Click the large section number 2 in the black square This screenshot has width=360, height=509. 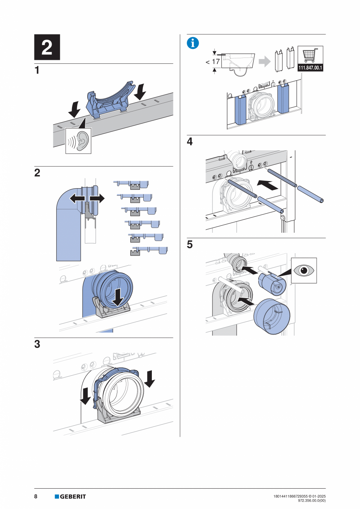pos(47,47)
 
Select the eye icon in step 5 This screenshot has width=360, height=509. pos(304,270)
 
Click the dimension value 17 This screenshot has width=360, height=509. pos(216,61)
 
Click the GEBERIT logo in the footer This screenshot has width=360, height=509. pos(70,496)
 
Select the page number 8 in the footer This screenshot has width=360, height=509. pos(36,496)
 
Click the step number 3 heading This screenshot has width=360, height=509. pos(37,345)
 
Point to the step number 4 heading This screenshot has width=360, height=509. pos(190,142)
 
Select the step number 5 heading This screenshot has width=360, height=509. pos(190,245)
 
